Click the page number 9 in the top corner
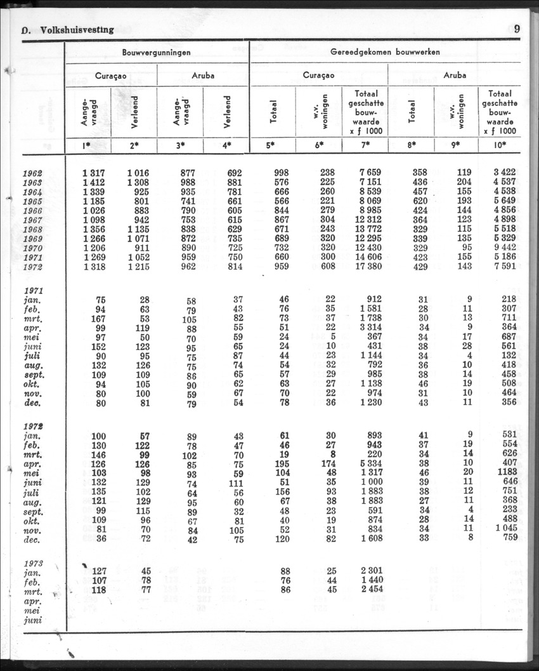(x=517, y=29)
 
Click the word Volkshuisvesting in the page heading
(x=77, y=29)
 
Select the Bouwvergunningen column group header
(x=157, y=52)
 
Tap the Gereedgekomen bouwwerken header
(x=385, y=52)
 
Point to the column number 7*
(x=365, y=145)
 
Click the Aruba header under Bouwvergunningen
(x=203, y=75)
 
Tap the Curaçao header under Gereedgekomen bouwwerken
(x=319, y=75)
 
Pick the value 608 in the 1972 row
(x=327, y=267)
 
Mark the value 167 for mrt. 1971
(x=96, y=317)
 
